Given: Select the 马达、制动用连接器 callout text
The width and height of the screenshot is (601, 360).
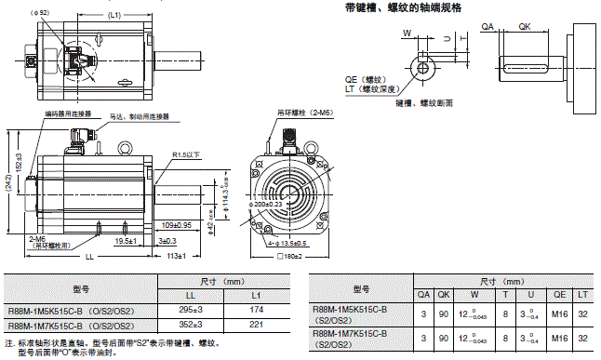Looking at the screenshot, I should [139, 116].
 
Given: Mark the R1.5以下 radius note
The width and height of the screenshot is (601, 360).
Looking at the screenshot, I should [185, 155].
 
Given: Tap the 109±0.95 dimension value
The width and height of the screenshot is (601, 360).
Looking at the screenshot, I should [176, 225].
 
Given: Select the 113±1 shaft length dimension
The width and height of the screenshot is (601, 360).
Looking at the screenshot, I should [176, 256].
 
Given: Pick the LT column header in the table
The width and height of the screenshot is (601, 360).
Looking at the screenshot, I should [582, 294].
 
